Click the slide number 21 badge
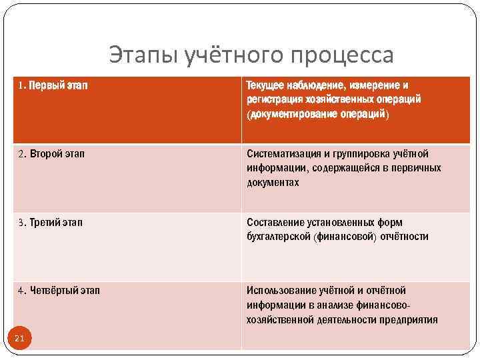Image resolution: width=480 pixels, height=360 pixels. (x=19, y=339)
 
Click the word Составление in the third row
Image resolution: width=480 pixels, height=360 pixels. (x=273, y=222)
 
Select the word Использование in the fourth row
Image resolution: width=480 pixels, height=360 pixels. (x=279, y=290)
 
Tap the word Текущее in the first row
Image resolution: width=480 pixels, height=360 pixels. (x=265, y=86)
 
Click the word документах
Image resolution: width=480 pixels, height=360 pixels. (x=273, y=183)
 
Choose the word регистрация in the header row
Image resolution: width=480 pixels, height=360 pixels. (x=273, y=100)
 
